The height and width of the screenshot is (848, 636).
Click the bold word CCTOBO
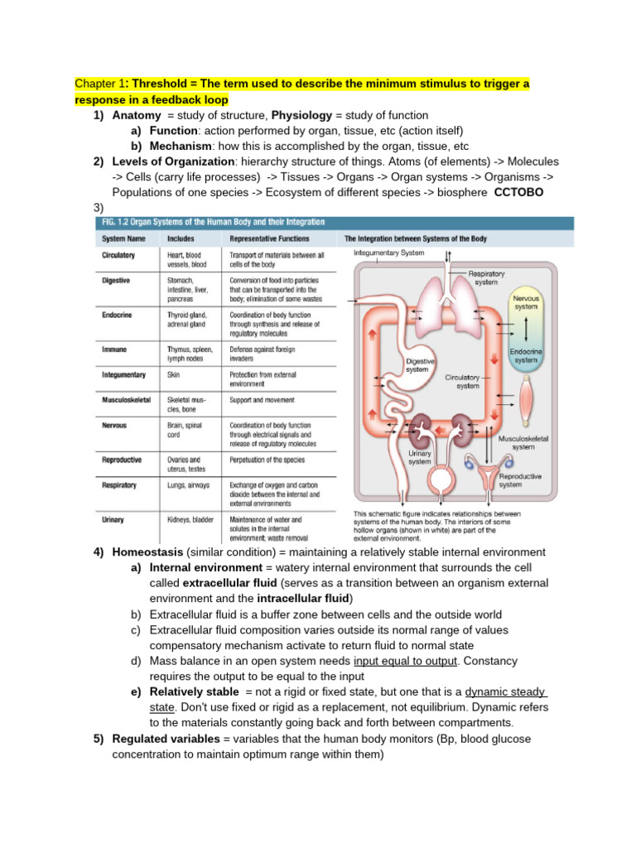coord(518,192)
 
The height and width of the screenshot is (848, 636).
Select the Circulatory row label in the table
coord(118,256)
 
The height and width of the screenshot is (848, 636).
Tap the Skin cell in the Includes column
coord(174,374)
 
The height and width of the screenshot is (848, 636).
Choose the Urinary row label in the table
coord(113,519)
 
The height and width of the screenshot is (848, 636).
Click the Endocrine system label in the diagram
coord(526,356)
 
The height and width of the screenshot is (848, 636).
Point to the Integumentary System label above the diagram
coord(388,253)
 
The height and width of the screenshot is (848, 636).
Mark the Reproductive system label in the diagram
coord(521,481)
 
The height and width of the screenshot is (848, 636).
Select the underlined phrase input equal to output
coord(405,662)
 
